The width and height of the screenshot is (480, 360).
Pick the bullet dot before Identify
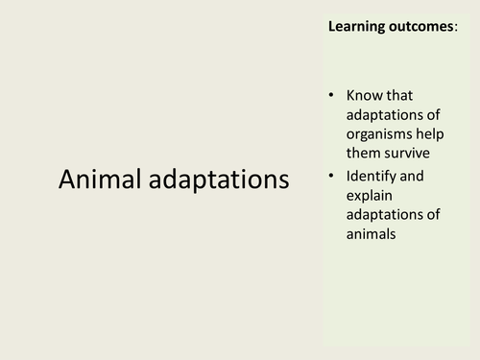click(331, 177)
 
